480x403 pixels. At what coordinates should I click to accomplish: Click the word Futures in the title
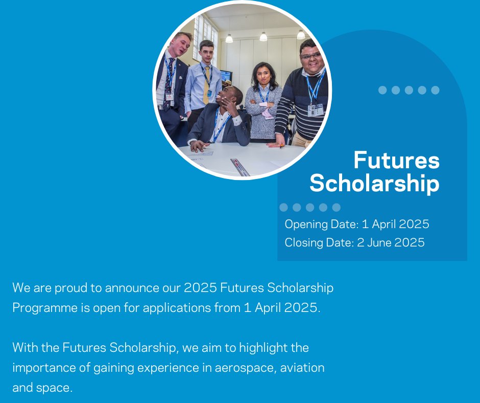click(x=396, y=160)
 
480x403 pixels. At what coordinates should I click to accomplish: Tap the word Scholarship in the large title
click(x=374, y=184)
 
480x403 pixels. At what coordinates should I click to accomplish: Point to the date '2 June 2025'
click(x=391, y=242)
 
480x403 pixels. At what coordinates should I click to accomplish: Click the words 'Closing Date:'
click(x=319, y=242)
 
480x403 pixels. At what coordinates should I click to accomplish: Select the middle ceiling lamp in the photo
click(x=263, y=36)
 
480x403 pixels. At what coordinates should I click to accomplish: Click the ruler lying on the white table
click(x=239, y=167)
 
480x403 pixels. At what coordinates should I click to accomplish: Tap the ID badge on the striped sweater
click(x=315, y=109)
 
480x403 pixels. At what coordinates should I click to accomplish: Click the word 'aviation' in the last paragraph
click(x=302, y=368)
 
